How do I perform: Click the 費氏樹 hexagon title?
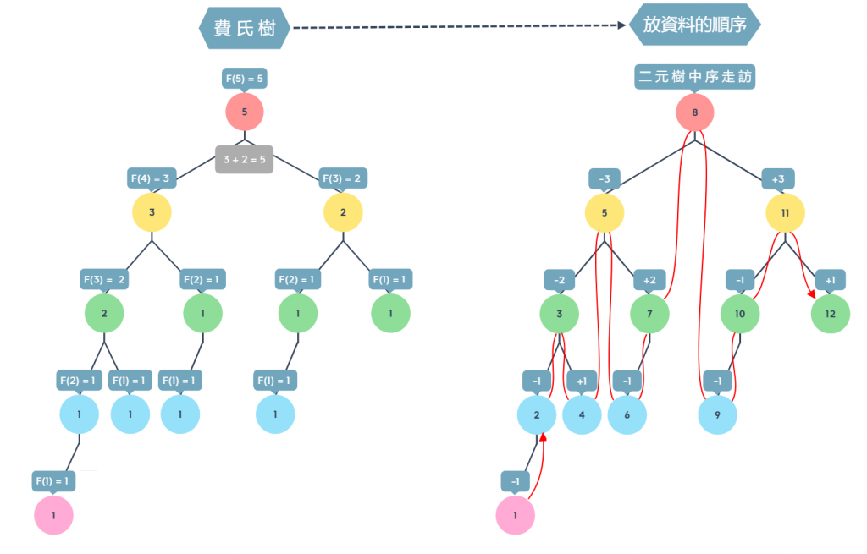[x=245, y=29]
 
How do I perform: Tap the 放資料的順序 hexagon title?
[x=695, y=25]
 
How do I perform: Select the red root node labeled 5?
[x=245, y=112]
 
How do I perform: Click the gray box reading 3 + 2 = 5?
[x=244, y=159]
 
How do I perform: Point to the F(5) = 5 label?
[x=244, y=79]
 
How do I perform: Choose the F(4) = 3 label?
[x=152, y=178]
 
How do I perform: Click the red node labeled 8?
[x=695, y=112]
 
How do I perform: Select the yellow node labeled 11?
[x=786, y=213]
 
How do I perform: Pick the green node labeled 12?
[x=831, y=314]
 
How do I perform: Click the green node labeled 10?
[x=740, y=314]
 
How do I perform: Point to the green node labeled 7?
[x=650, y=314]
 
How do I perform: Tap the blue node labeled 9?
[x=717, y=415]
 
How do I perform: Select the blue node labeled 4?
[x=582, y=415]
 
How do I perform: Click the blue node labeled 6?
[x=627, y=415]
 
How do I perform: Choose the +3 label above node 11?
[x=778, y=178]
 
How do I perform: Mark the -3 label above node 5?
[x=605, y=178]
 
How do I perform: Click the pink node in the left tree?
[x=53, y=515]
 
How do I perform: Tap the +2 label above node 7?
[x=649, y=280]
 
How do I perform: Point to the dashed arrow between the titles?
[x=457, y=27]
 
